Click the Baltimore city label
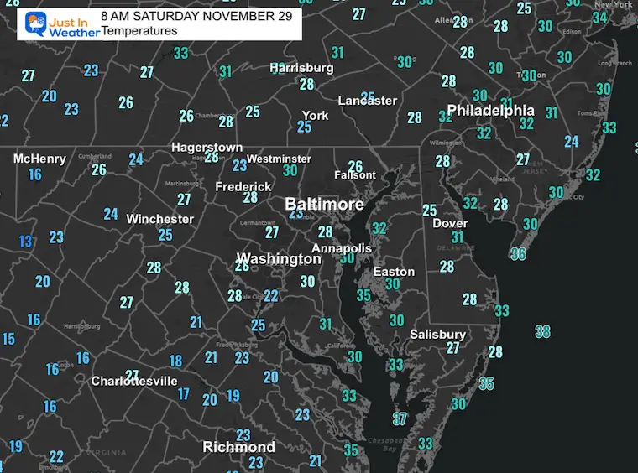click(x=324, y=205)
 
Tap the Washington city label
click(x=278, y=258)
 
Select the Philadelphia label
click(x=490, y=111)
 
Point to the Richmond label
click(x=238, y=448)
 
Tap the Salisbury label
click(x=437, y=334)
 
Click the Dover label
click(x=450, y=223)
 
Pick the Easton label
click(x=394, y=272)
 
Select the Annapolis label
click(x=342, y=248)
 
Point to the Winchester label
click(x=159, y=219)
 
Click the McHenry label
click(x=39, y=159)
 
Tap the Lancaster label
click(x=367, y=101)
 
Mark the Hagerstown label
click(x=207, y=148)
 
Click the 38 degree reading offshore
click(x=543, y=331)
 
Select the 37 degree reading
click(x=400, y=418)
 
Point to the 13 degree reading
click(x=26, y=242)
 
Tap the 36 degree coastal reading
click(x=518, y=253)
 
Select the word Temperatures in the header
click(x=139, y=31)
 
